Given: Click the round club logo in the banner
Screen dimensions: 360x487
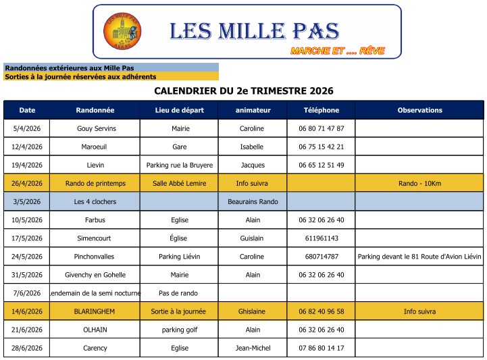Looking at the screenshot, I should click(122, 32).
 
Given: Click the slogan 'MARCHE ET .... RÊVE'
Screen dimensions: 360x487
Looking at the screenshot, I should click(333, 51).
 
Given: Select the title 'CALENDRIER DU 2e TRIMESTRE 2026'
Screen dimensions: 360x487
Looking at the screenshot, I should click(244, 91).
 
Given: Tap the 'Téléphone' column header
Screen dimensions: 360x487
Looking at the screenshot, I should click(322, 110).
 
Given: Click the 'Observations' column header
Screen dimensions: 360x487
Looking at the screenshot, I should click(419, 110).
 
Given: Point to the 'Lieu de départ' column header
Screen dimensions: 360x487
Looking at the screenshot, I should click(180, 110).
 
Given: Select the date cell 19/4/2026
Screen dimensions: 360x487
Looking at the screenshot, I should click(27, 165).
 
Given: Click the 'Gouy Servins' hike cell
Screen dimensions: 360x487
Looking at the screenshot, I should click(95, 128).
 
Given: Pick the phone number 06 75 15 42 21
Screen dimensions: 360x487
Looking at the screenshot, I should click(322, 147).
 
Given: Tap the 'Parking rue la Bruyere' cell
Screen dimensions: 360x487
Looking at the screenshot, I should click(180, 165).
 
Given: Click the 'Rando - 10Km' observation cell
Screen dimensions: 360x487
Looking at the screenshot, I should click(419, 183).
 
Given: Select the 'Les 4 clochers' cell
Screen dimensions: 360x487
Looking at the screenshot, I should click(95, 201).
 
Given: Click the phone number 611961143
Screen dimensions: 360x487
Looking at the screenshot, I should click(322, 238).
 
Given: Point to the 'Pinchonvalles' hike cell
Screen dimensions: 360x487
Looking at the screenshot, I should click(95, 257).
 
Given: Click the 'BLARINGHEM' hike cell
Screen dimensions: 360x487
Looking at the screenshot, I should click(95, 311).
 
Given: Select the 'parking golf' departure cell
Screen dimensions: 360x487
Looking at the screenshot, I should click(180, 330).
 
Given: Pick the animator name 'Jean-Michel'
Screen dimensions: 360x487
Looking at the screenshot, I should click(253, 348).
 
